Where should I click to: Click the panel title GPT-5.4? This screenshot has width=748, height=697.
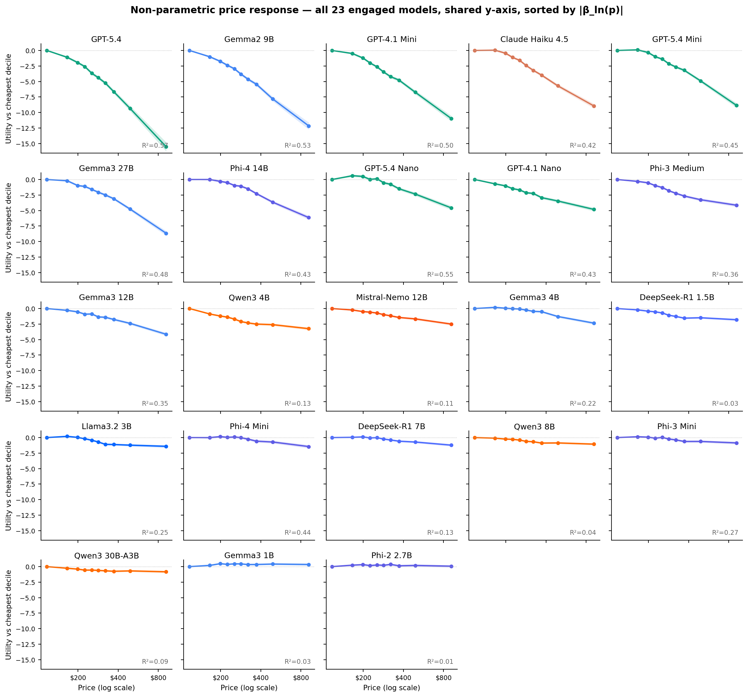tap(106, 40)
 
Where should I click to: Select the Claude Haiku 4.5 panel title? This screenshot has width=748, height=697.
tap(534, 40)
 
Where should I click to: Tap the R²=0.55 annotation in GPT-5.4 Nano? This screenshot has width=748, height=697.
tap(440, 275)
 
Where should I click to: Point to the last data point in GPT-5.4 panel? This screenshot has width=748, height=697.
tap(166, 147)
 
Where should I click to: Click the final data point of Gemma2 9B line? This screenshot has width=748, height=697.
tap(309, 126)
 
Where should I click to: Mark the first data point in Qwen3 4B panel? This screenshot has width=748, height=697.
tap(190, 309)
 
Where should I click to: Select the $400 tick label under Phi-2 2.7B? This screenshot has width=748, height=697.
tap(403, 678)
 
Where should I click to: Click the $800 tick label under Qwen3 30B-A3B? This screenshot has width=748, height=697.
tap(158, 678)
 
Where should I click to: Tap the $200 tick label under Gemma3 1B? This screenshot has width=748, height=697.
tap(221, 678)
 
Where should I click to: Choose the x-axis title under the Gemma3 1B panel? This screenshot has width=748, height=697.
tap(249, 688)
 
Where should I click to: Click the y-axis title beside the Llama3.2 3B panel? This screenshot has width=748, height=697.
tap(8, 486)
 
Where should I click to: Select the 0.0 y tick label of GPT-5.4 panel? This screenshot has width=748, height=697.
tap(30, 51)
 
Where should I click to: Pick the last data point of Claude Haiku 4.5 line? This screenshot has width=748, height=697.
tap(594, 106)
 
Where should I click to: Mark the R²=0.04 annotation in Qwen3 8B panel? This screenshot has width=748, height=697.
tap(582, 533)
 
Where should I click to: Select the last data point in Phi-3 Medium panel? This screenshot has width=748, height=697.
tap(736, 205)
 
